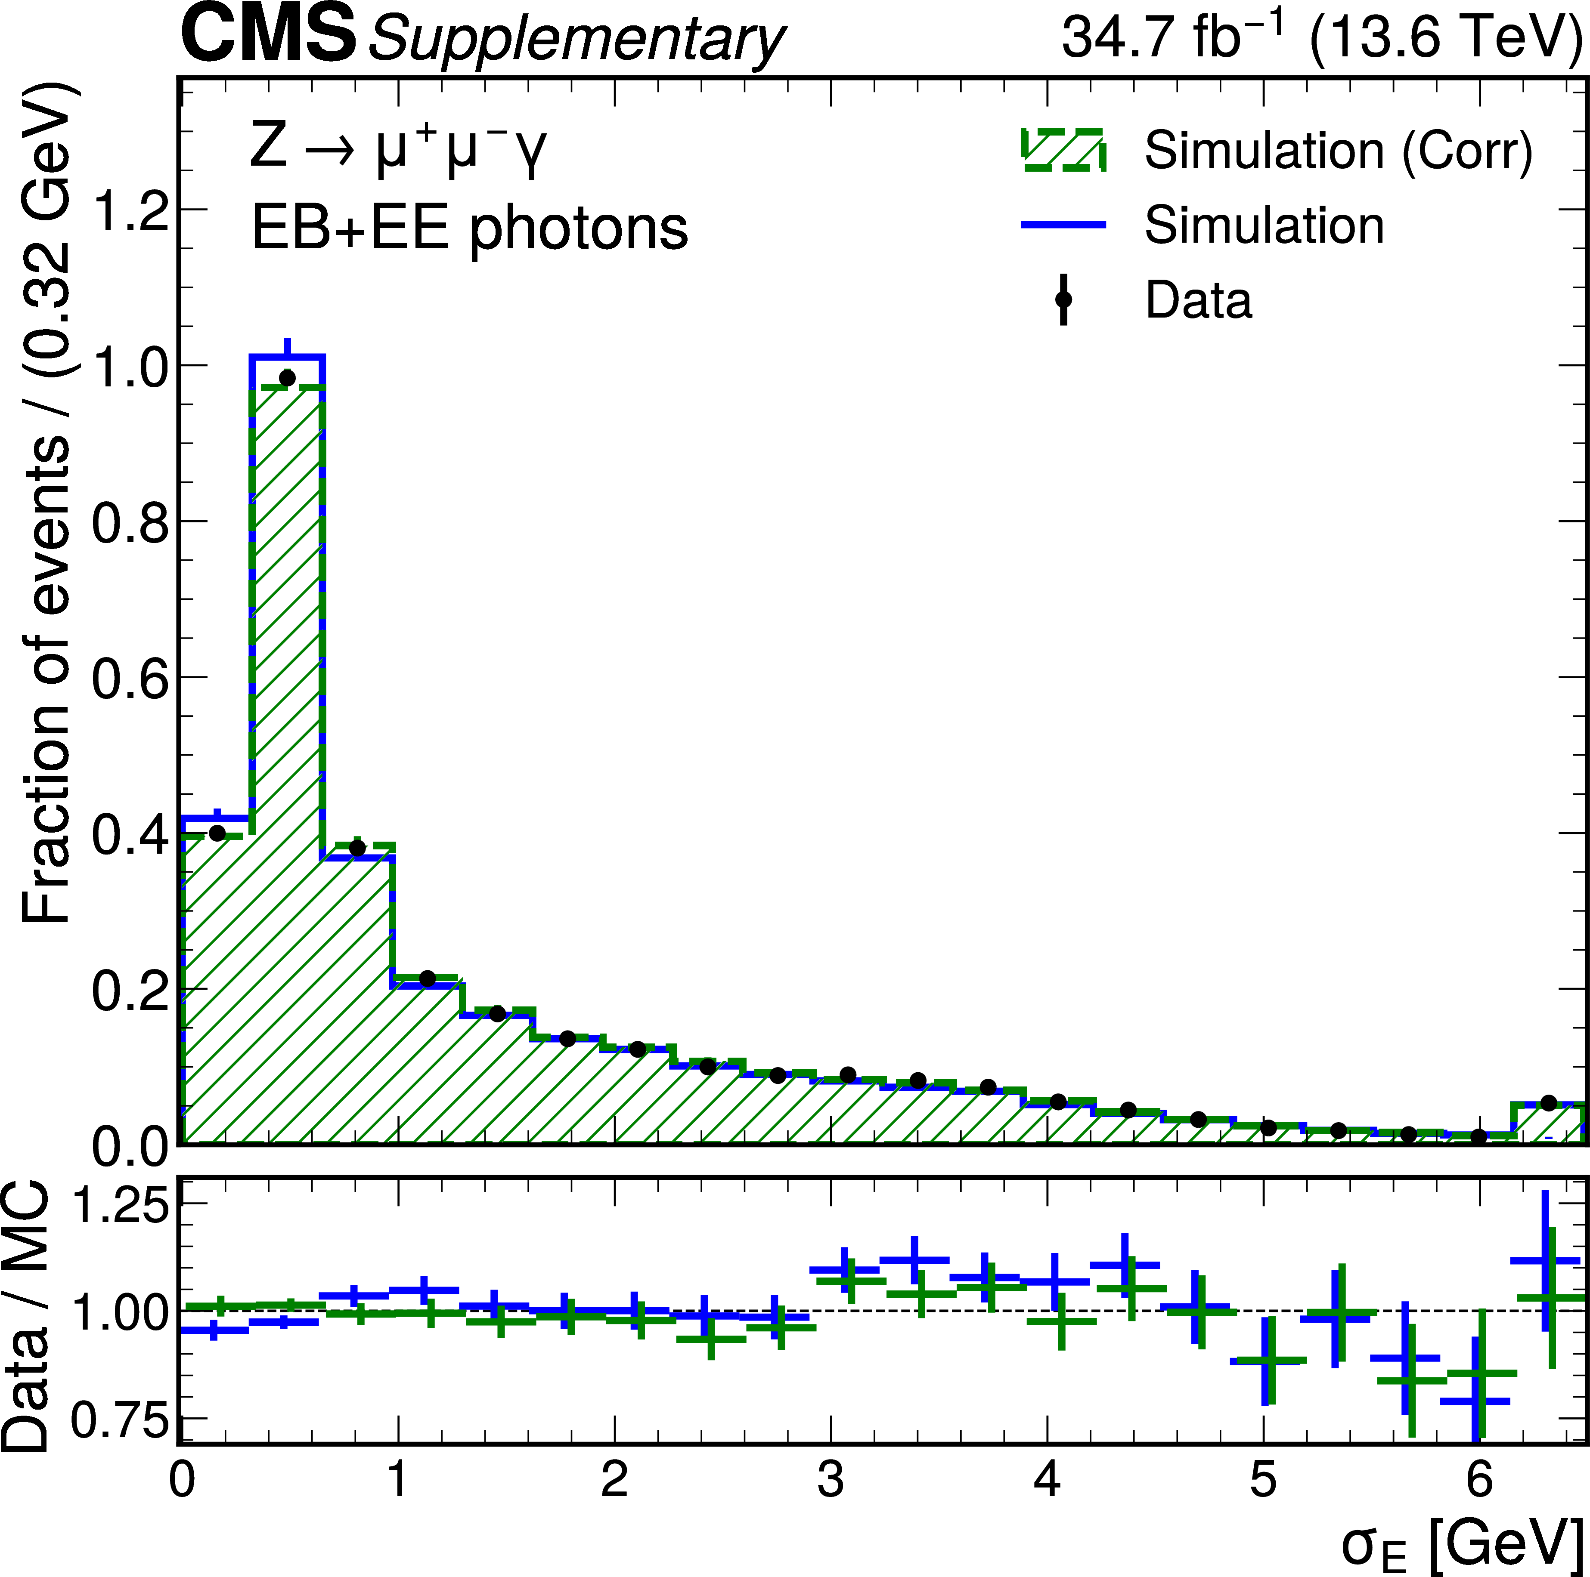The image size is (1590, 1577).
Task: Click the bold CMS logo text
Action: point(268,36)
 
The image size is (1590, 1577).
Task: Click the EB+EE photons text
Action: point(469,228)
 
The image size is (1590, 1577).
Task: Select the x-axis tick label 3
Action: point(831,1479)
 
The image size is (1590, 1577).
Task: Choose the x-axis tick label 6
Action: point(1479,1479)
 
